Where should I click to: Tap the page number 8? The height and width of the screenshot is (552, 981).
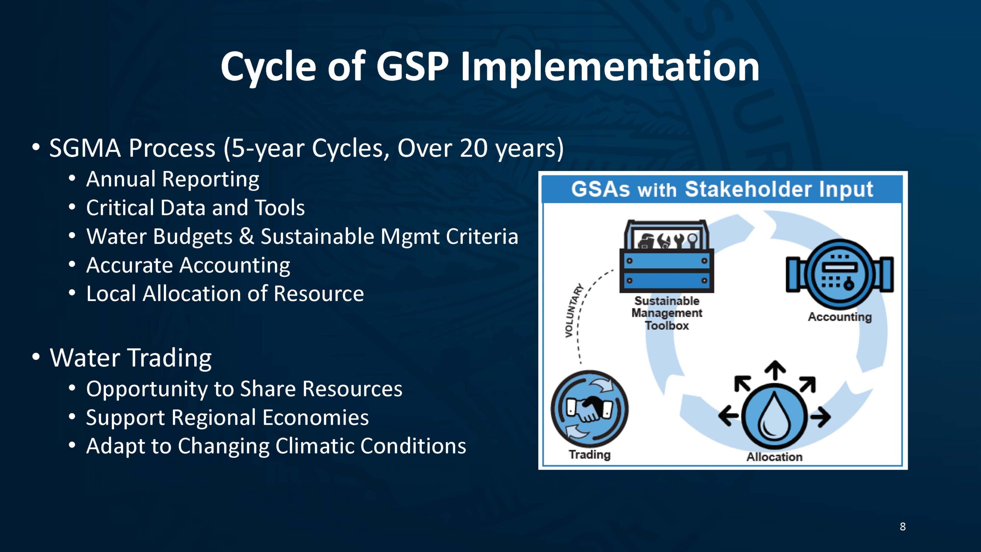coord(903,526)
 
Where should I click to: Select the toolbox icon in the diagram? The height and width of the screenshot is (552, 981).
coord(667,256)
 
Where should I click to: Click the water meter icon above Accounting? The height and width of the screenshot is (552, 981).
coord(840,274)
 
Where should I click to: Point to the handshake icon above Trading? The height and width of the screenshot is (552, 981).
coord(589,409)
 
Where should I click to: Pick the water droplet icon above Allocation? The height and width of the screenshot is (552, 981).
coord(774,417)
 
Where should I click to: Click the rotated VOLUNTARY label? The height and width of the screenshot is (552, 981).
coord(573,310)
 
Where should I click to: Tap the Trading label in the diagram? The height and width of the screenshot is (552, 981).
coord(589,455)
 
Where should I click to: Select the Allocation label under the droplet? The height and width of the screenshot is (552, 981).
coord(774,457)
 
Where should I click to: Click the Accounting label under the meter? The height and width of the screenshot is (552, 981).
coord(840,317)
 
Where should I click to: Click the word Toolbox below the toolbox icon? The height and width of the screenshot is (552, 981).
coord(667,326)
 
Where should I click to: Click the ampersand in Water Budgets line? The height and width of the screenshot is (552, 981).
coord(246,236)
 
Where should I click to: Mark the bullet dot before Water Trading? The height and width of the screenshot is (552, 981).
coord(36,356)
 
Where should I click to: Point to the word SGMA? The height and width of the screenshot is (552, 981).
coord(85,148)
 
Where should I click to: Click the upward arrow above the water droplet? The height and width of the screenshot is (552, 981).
coord(775,370)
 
